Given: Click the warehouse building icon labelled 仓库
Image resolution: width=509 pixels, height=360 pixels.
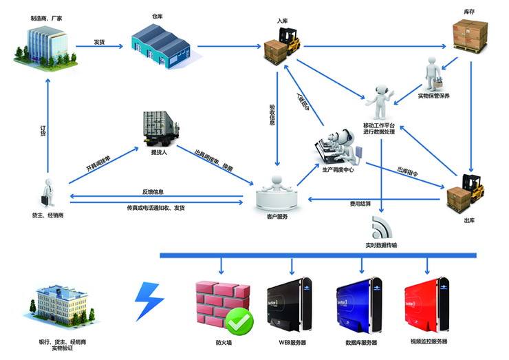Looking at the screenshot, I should click(161, 43).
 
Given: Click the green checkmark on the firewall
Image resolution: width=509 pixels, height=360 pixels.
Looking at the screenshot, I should click(239, 319).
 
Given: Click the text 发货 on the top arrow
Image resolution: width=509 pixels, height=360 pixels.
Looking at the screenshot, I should click(100, 41).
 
